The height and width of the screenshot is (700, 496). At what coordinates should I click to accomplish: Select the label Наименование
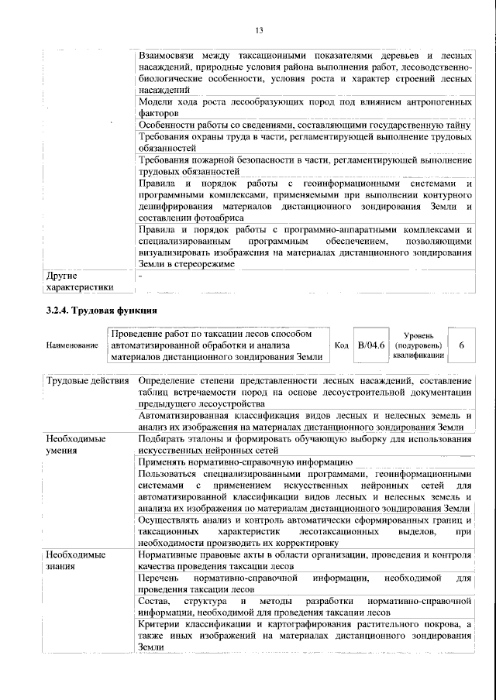[72, 345]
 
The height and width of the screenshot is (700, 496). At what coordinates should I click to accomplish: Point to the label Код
[340, 345]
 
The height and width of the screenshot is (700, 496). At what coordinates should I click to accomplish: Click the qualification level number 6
[461, 345]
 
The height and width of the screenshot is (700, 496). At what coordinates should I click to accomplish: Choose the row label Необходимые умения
[75, 444]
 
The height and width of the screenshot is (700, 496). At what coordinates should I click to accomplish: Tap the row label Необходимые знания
[75, 561]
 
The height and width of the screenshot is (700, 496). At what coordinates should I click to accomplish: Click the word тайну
[457, 124]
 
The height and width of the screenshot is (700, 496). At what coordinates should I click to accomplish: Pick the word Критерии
[162, 623]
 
